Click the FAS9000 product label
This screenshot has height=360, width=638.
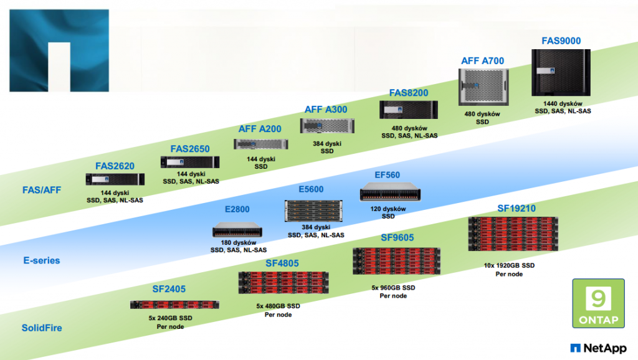coord(561,41)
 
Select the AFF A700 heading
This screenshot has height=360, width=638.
coord(482,61)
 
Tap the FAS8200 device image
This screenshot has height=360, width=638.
coord(409,110)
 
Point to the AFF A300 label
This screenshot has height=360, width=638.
coord(326,110)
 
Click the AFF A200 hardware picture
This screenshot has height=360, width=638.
coord(260,144)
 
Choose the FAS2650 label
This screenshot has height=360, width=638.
coord(190,149)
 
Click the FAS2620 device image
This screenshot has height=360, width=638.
coord(115,179)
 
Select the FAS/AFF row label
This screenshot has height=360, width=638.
coord(42,190)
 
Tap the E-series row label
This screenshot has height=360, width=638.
coord(42,260)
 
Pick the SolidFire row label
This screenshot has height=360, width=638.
coord(42,328)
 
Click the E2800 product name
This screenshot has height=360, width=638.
coord(237,210)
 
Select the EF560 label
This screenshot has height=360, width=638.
coord(388,176)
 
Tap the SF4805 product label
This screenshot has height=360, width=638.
coord(282,263)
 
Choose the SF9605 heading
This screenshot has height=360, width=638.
coord(397,237)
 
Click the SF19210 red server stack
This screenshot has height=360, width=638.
coord(513,234)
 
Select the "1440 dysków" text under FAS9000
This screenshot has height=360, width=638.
coord(563,103)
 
